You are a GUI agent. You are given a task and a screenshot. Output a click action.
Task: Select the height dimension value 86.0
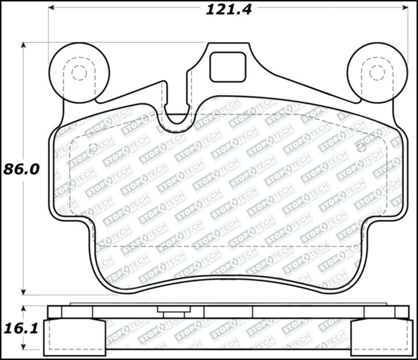point(21,169)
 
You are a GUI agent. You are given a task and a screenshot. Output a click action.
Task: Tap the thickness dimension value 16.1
point(21,329)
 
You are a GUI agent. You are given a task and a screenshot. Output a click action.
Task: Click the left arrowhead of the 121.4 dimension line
point(52,8)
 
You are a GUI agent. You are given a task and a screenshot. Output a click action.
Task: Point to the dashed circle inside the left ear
point(78,73)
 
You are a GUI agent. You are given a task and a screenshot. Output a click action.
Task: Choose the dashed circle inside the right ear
point(377,73)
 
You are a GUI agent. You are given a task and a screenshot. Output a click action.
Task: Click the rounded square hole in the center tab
point(228,67)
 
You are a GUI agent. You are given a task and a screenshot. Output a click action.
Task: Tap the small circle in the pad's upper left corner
point(92,147)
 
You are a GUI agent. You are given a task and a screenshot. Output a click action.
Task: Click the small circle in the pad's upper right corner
point(361,147)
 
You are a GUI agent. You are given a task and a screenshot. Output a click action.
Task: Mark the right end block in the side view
point(380,337)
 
